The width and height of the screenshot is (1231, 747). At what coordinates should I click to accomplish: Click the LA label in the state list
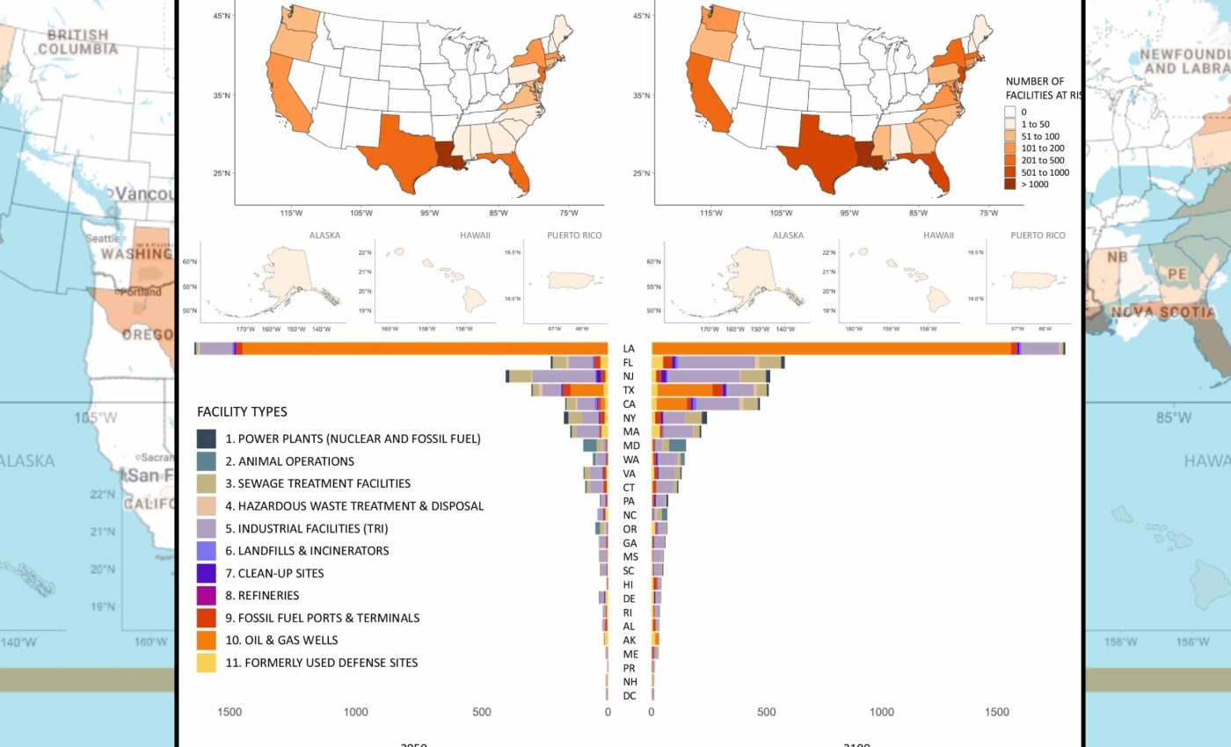629,349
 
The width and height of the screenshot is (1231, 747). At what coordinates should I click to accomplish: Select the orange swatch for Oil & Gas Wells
206,640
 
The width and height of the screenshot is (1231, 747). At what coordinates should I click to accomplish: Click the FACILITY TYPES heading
242,411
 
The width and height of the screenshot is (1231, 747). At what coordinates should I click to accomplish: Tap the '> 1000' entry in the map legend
1034,185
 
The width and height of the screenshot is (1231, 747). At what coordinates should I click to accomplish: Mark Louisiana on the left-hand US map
450,156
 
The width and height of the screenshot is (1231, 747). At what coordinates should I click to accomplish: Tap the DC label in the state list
629,696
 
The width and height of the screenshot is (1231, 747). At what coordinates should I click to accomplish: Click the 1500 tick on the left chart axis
229,712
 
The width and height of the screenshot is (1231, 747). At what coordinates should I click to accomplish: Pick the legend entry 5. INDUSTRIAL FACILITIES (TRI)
305,528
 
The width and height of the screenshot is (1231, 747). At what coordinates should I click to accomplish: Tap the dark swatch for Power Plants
206,439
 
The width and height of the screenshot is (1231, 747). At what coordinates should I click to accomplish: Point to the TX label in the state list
629,390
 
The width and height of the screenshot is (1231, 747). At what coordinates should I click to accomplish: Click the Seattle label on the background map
102,238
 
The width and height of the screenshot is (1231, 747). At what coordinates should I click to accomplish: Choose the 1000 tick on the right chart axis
882,712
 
